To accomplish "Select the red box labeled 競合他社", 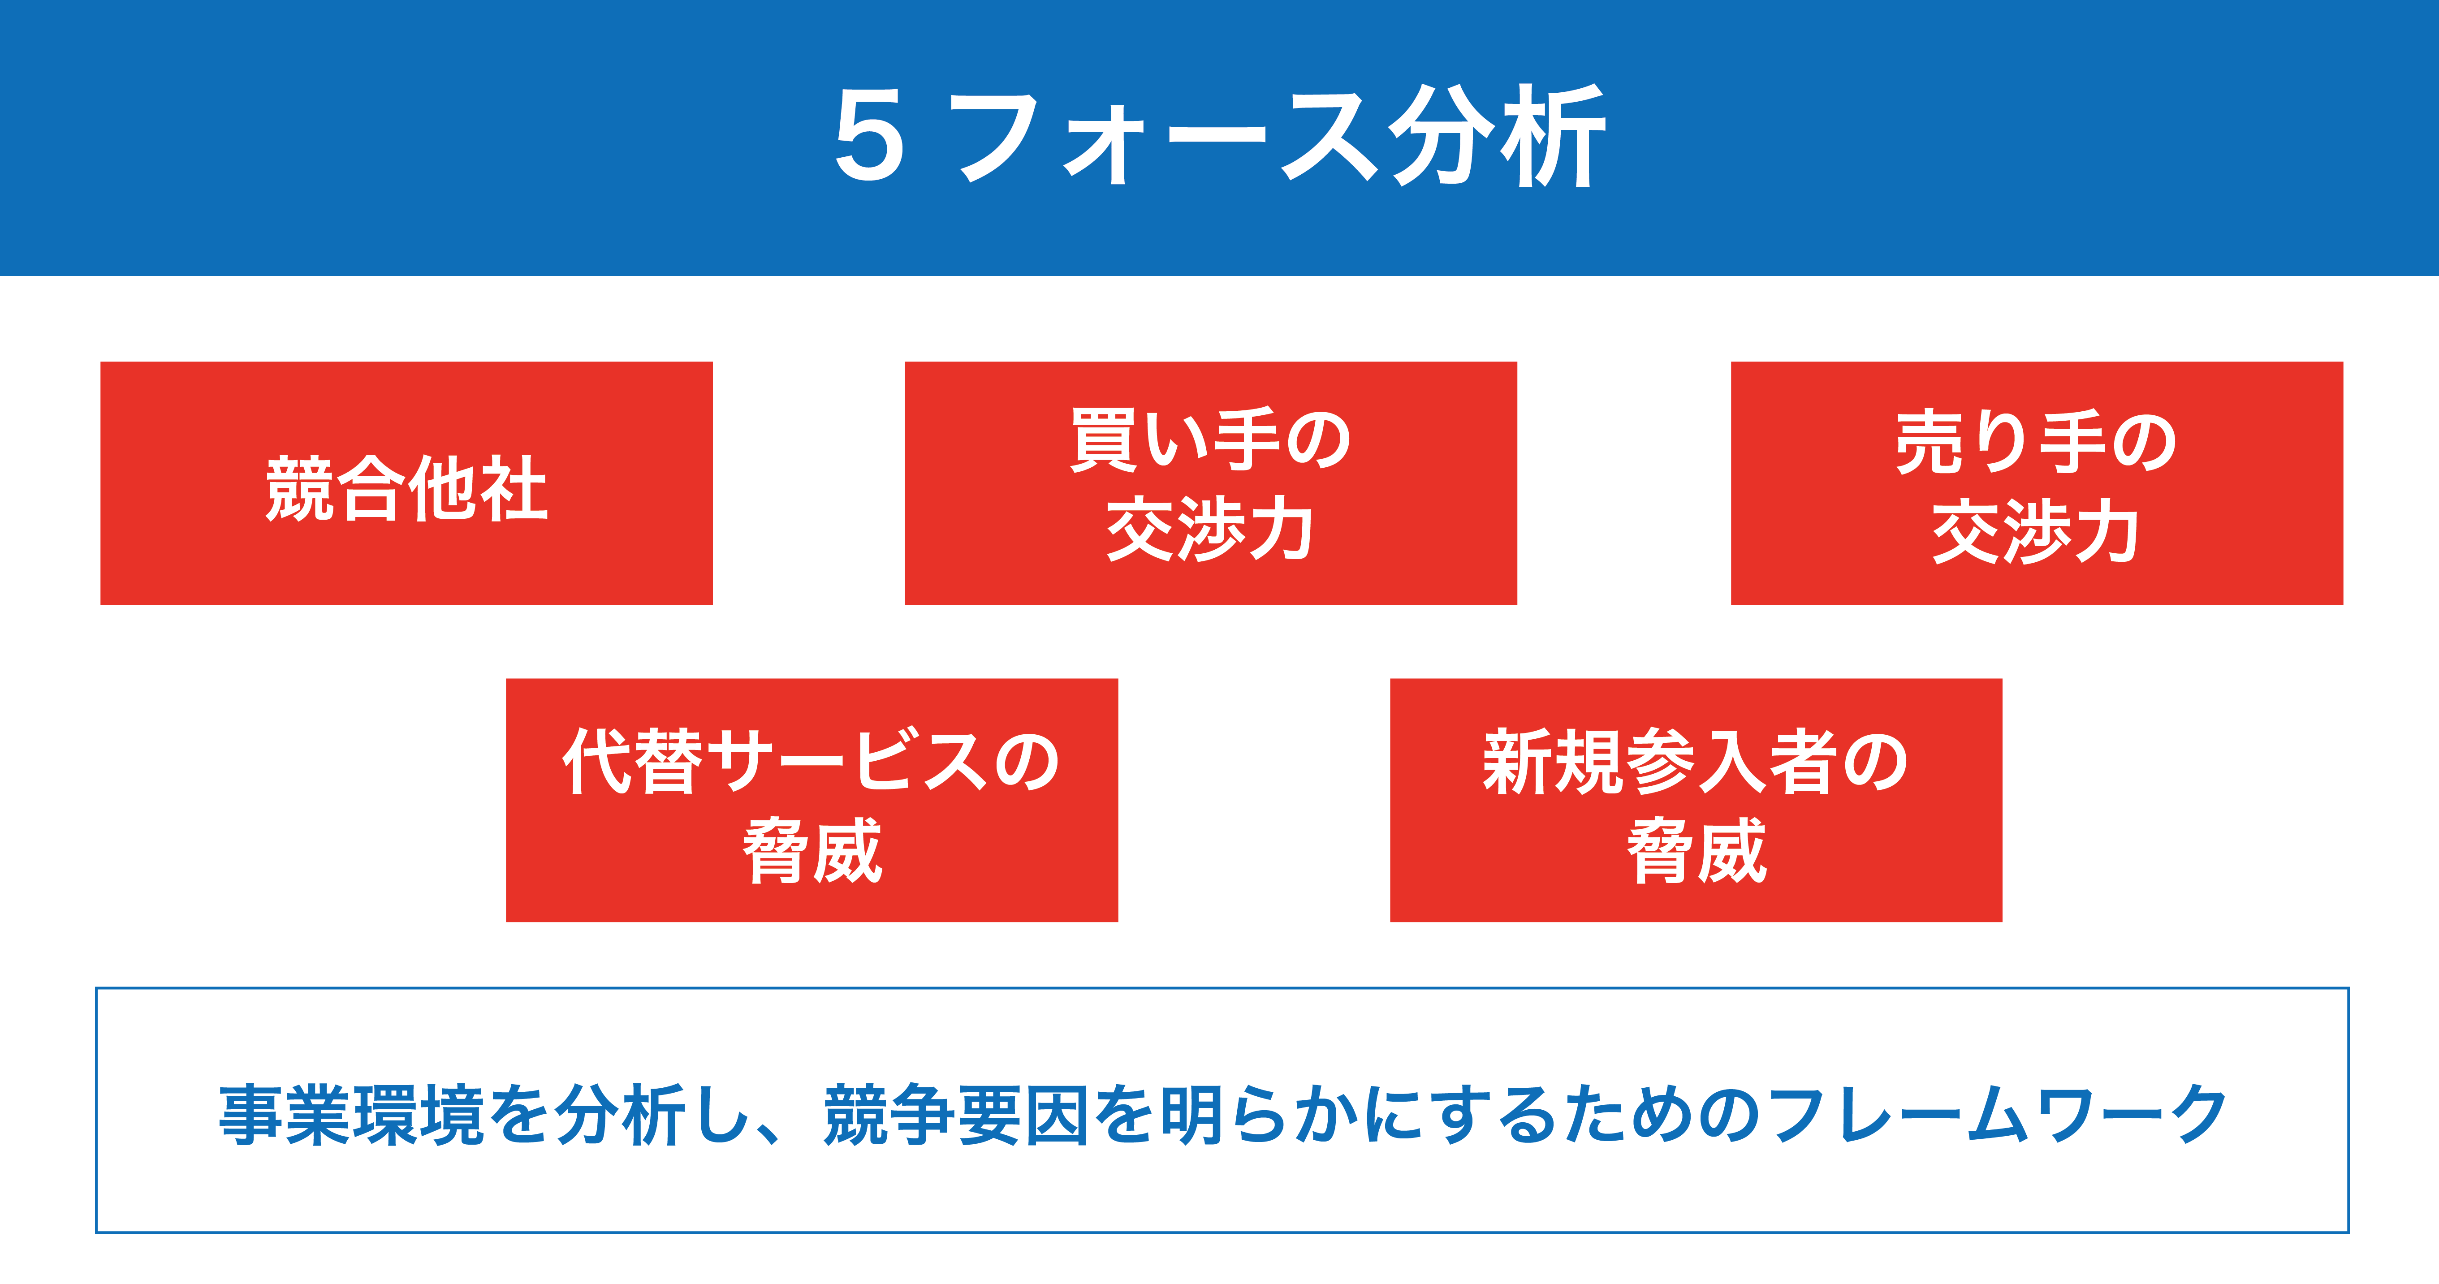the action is (406, 483).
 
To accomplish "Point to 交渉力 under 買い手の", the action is (1210, 528).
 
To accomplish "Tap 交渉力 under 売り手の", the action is (2037, 530).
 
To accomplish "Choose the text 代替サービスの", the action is (812, 760).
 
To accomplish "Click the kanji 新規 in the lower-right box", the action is (1554, 760).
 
